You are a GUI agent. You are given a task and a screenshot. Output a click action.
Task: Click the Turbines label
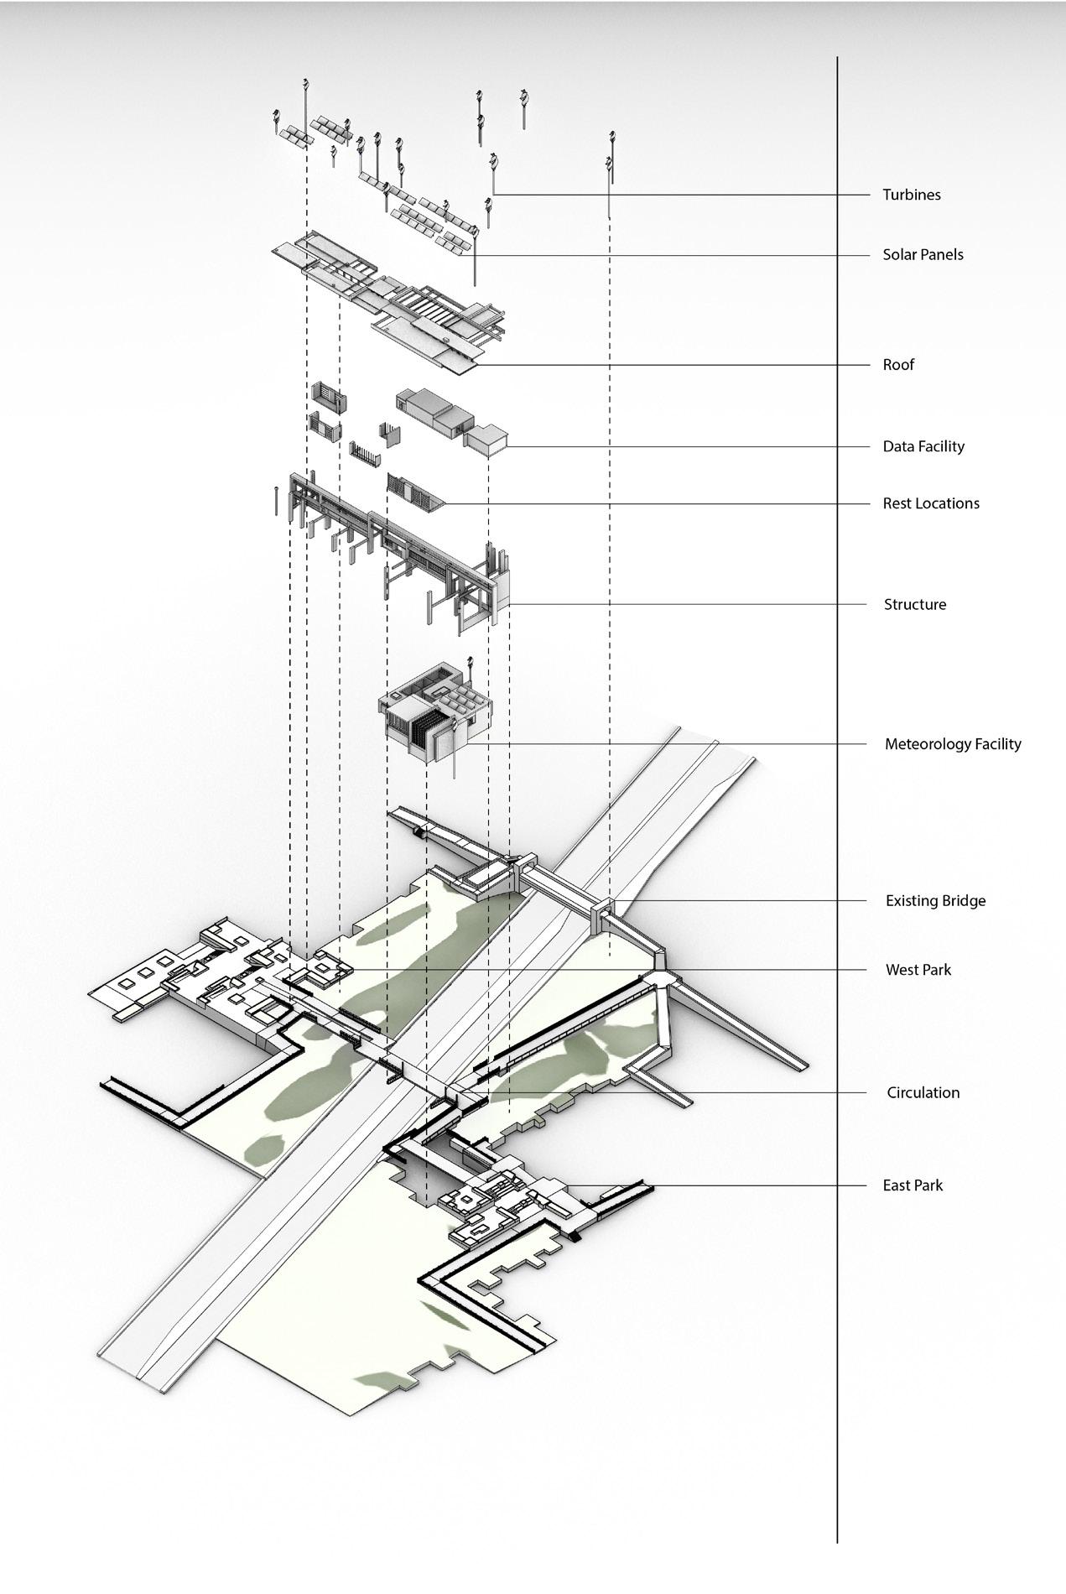point(911,195)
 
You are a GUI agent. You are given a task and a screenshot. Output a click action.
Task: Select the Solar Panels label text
point(923,255)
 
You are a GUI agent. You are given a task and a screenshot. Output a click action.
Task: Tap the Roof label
point(897,365)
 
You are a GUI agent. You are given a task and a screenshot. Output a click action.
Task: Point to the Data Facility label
point(923,446)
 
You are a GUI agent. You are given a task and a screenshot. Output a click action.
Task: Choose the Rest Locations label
point(930,503)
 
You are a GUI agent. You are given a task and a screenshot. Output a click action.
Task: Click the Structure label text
point(914,604)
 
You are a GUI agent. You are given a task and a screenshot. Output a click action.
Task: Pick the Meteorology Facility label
point(952,744)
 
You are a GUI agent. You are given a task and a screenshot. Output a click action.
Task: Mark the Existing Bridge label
point(935,901)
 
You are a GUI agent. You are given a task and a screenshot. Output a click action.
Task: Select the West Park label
point(918,970)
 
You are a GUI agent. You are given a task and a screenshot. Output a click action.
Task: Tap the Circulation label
point(923,1092)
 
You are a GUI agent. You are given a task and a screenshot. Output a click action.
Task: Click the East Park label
point(912,1185)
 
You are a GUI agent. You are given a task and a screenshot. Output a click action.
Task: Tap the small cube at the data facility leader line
point(487,440)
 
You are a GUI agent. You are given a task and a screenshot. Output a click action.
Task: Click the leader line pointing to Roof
point(671,365)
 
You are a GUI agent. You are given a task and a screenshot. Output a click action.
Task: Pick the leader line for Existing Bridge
point(738,901)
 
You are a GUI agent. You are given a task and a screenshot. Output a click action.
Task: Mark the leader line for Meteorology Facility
point(671,744)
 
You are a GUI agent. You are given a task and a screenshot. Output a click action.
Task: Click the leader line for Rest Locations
point(654,504)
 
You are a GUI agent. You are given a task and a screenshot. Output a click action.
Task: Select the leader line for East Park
point(755,1185)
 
